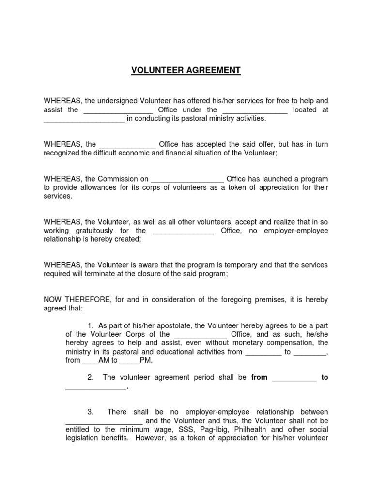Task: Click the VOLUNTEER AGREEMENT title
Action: pos(186,71)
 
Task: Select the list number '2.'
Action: pos(91,377)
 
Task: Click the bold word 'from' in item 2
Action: pos(259,377)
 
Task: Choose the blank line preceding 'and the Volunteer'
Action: pos(104,421)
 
